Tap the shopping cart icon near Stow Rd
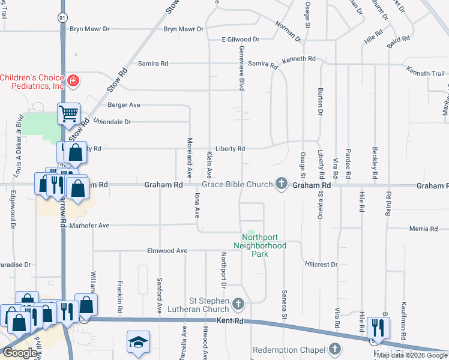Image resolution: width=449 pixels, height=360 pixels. click(68, 112)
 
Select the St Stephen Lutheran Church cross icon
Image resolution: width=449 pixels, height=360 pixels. click(238, 304)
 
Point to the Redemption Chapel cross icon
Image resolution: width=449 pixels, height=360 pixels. click(335, 349)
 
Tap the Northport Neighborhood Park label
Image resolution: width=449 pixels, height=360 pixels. click(259, 245)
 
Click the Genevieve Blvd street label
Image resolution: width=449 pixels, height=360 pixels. click(242, 68)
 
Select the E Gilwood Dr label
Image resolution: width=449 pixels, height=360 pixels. click(240, 39)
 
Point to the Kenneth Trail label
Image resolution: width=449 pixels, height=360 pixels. click(425, 73)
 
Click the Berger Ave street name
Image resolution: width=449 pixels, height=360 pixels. click(124, 105)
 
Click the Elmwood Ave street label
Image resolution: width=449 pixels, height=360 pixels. click(167, 251)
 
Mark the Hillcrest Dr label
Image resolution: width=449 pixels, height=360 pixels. click(321, 264)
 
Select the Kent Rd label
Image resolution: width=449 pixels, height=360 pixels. click(231, 322)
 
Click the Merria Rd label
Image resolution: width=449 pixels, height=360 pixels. click(423, 229)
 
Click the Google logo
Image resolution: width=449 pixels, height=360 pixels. click(20, 353)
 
